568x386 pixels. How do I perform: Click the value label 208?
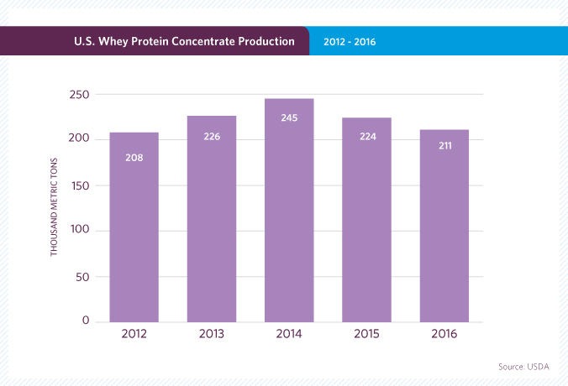134,157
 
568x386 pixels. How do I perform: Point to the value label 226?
212,136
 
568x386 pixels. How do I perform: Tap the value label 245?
289,117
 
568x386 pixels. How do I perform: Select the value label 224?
366,138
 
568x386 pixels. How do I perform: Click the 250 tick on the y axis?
81,94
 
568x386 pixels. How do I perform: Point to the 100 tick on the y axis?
81,230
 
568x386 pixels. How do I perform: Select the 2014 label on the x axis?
289,334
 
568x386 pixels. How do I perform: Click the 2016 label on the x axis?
444,334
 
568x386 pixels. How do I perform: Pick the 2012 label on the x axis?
134,334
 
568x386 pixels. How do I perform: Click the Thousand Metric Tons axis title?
54,209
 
